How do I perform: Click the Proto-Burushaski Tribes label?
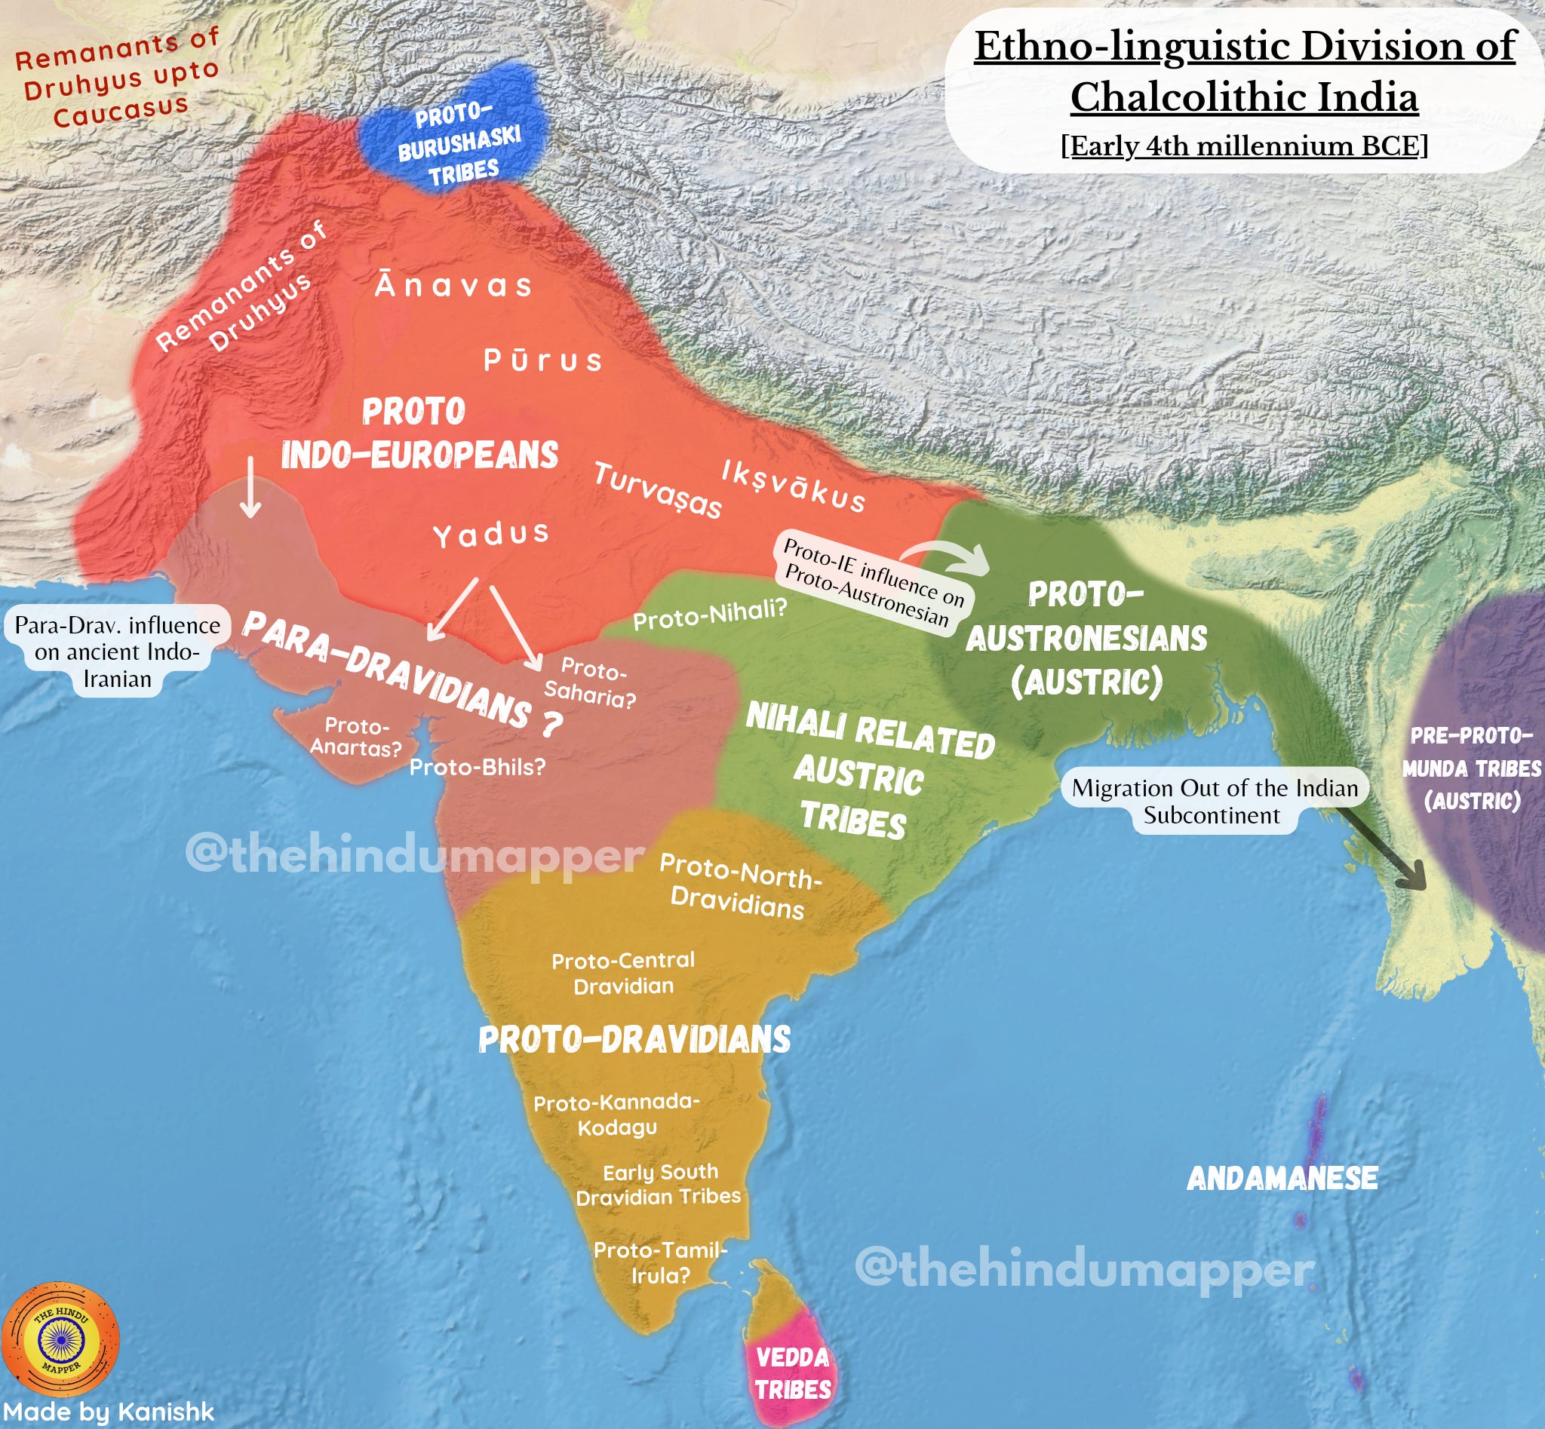(x=459, y=144)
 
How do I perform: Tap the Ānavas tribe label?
(x=454, y=286)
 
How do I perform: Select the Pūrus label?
(x=543, y=360)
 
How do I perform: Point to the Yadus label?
(x=491, y=535)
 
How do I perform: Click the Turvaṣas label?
(x=658, y=490)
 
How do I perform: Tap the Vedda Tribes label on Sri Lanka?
(x=792, y=1372)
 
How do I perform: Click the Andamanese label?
(x=1282, y=1179)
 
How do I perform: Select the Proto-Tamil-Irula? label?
(x=661, y=1263)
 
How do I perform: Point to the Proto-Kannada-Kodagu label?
(x=616, y=1115)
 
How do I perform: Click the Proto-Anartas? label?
(x=357, y=736)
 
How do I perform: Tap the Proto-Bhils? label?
(x=478, y=767)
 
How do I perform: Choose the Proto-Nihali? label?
(x=709, y=615)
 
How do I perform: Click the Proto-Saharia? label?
(x=590, y=682)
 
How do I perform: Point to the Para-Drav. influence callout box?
(x=118, y=651)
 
